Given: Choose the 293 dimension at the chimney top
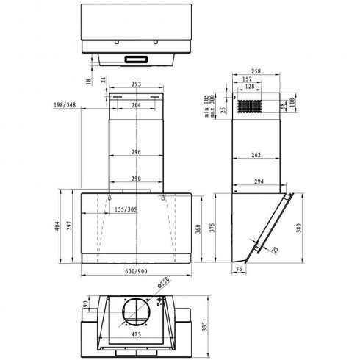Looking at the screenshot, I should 136,85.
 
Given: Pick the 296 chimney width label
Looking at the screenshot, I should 136,152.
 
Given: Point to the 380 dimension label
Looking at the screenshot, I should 298,228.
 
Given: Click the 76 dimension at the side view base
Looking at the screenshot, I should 240,269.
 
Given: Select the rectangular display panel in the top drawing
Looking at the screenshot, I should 136,58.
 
